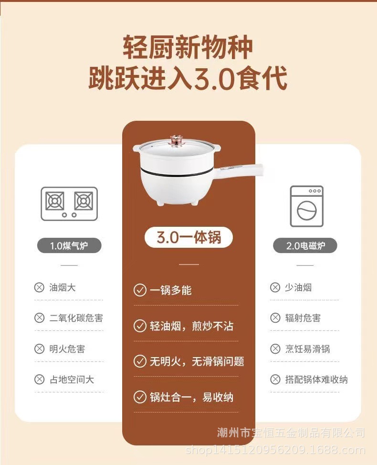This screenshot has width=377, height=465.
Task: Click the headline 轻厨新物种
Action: tap(188, 47)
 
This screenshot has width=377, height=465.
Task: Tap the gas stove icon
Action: tap(69, 204)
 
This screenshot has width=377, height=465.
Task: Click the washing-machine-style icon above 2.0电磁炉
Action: tap(306, 206)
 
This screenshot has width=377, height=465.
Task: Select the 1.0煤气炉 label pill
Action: tap(69, 245)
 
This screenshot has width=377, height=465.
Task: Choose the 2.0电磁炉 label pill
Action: tap(305, 245)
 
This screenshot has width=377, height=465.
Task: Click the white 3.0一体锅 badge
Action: tap(189, 237)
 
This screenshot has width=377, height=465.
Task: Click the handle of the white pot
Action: tap(240, 171)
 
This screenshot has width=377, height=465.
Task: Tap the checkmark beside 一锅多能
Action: tap(140, 290)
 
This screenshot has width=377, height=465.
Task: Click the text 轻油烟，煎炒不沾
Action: tap(191, 326)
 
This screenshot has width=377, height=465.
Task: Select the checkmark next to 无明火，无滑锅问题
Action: tap(140, 361)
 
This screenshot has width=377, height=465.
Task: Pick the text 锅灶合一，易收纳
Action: tap(191, 397)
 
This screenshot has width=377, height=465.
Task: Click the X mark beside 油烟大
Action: tap(39, 287)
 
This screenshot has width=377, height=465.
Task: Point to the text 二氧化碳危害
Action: tap(76, 318)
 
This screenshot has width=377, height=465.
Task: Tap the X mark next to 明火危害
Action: tap(39, 349)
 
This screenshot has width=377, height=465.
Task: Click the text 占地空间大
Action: tap(72, 379)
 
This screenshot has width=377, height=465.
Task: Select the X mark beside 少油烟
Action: tap(275, 287)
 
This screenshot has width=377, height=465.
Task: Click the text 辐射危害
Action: tap(303, 318)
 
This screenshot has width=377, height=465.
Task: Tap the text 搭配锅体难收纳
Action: tap(316, 379)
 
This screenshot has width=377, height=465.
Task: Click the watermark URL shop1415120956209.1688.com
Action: tap(275, 450)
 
